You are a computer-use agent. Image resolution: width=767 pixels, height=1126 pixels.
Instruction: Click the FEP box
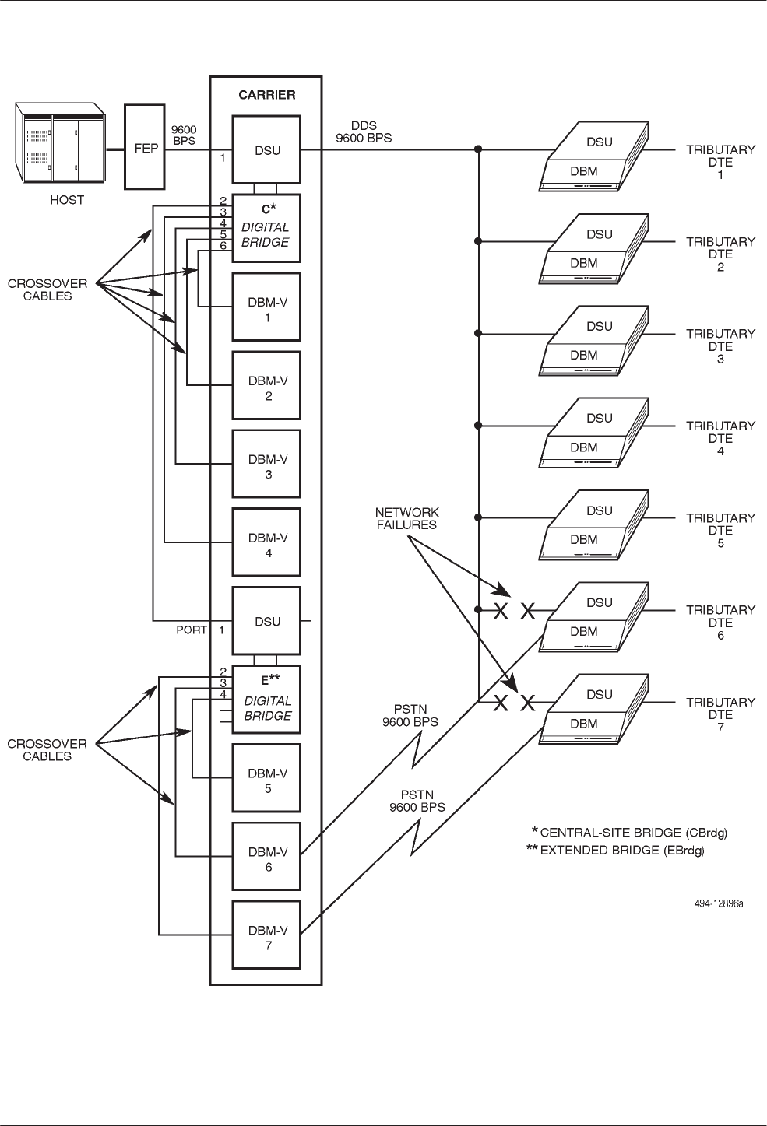tap(146, 148)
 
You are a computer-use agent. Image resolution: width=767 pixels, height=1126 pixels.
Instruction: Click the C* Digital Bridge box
tap(267, 228)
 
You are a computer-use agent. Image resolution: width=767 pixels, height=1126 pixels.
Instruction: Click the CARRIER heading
tap(266, 95)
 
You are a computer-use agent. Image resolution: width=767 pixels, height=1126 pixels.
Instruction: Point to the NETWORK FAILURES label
tap(407, 518)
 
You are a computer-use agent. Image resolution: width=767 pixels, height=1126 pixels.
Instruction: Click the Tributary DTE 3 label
tap(720, 346)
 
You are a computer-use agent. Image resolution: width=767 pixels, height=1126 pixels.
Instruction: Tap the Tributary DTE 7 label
tap(720, 714)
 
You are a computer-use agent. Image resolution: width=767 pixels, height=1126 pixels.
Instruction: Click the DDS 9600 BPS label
tap(364, 132)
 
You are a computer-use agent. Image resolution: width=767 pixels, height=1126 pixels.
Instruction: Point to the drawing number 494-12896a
tap(719, 904)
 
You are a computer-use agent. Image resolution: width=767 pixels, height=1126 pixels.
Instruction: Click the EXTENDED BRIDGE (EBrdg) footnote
tap(616, 851)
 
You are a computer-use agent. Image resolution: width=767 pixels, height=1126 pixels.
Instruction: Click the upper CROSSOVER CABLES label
tap(47, 289)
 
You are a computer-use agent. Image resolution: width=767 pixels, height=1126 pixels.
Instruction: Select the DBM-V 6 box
tap(267, 859)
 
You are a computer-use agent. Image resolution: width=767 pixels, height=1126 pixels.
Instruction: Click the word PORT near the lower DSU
tap(192, 630)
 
